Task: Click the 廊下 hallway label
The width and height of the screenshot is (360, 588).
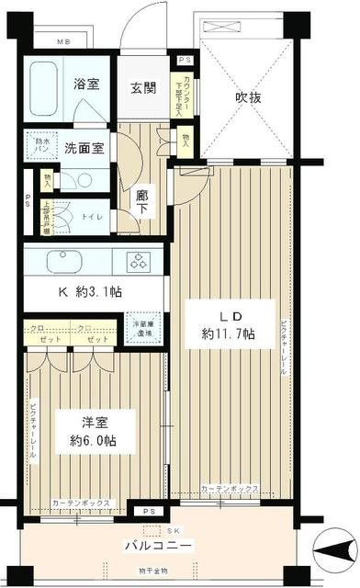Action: coord(142,201)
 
